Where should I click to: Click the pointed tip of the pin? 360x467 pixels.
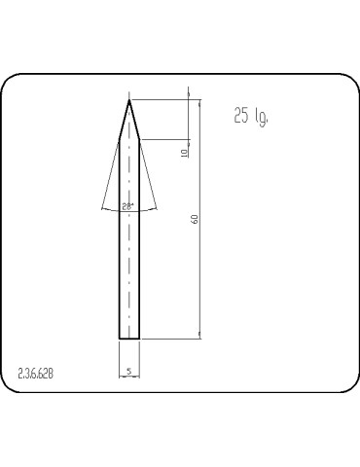click(129, 98)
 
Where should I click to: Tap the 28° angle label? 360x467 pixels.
click(128, 206)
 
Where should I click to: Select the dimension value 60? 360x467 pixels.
click(196, 219)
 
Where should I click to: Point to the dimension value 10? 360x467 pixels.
click(185, 153)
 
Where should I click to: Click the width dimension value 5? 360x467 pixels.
click(129, 372)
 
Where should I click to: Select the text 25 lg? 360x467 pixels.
click(250, 117)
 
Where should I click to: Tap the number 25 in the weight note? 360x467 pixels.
click(241, 116)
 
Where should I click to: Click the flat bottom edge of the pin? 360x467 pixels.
click(129, 339)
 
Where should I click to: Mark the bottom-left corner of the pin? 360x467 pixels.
click(120, 339)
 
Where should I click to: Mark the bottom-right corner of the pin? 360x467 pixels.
click(140, 339)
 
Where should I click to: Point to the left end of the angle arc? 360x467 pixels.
click(101, 208)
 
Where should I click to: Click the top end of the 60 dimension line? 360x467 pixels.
click(200, 98)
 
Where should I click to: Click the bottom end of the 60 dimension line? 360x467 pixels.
click(200, 339)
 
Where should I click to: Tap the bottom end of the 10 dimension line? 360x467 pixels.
click(187, 138)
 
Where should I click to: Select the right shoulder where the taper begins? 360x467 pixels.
click(140, 138)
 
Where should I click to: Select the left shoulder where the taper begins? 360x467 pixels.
click(120, 138)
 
